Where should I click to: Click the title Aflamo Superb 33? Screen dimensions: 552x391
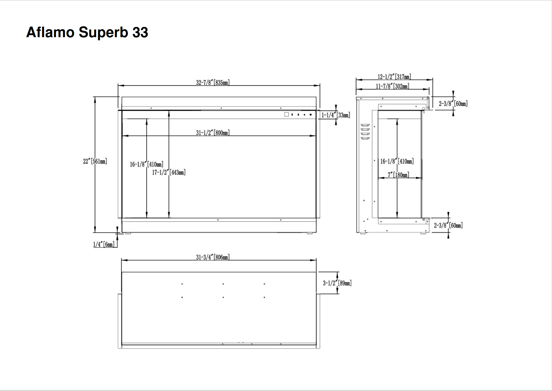tap(87, 32)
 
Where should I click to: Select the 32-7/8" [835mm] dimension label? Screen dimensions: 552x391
tap(213, 82)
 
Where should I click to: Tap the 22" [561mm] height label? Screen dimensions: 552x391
tap(95, 161)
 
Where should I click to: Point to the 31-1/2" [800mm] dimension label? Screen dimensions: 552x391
tap(213, 132)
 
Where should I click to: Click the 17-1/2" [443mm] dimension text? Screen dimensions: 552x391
tap(169, 172)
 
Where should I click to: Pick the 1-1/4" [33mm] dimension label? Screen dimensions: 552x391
tap(335, 115)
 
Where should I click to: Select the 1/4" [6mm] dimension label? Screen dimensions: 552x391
tap(104, 244)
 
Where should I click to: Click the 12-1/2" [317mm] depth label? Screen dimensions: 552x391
tap(394, 77)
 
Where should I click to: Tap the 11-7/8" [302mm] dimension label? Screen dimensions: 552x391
tap(393, 86)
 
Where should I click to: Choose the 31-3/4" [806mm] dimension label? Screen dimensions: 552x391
tap(213, 257)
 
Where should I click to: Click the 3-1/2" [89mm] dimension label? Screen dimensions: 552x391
tap(337, 283)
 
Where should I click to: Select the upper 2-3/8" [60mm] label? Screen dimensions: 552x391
tap(453, 104)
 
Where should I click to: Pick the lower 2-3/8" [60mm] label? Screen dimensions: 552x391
tap(448, 225)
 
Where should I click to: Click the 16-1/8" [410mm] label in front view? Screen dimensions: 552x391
tap(147, 164)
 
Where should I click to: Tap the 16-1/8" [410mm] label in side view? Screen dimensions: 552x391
tap(397, 161)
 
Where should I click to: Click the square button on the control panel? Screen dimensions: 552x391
tap(286, 114)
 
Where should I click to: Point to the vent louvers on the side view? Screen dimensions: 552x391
tap(365, 132)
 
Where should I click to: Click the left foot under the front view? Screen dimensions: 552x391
tap(128, 233)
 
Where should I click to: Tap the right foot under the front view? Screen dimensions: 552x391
tap(310, 233)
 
